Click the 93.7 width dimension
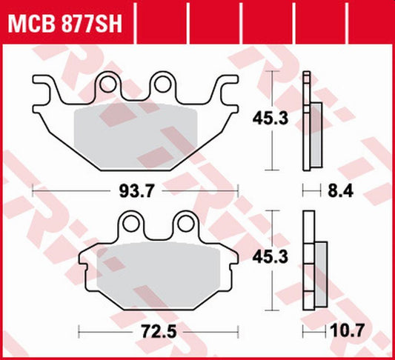(136, 192)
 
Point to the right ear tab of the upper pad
(229, 93)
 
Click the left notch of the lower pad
(85, 259)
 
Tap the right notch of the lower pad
(230, 259)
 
